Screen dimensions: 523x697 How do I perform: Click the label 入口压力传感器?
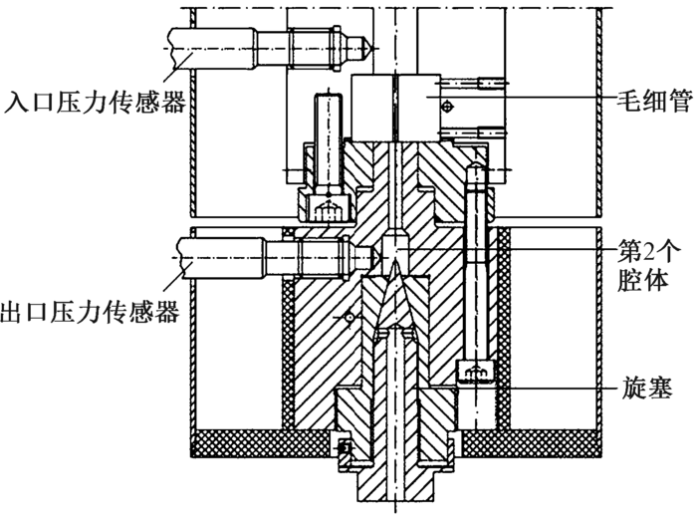coord(94,101)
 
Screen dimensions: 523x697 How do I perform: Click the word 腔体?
coord(642,280)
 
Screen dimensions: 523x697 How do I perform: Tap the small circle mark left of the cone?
coord(348,318)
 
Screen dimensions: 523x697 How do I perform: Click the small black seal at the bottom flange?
coord(346,449)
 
